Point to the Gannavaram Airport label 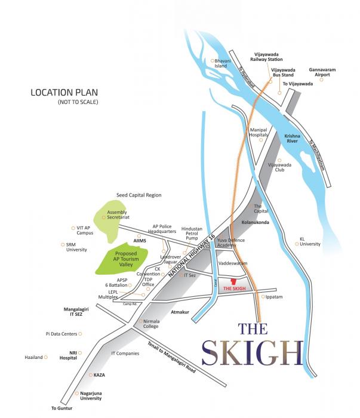pyautogui.click(x=322, y=72)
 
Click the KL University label pyautogui.click(x=310, y=241)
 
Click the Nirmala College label pyautogui.click(x=153, y=324)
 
